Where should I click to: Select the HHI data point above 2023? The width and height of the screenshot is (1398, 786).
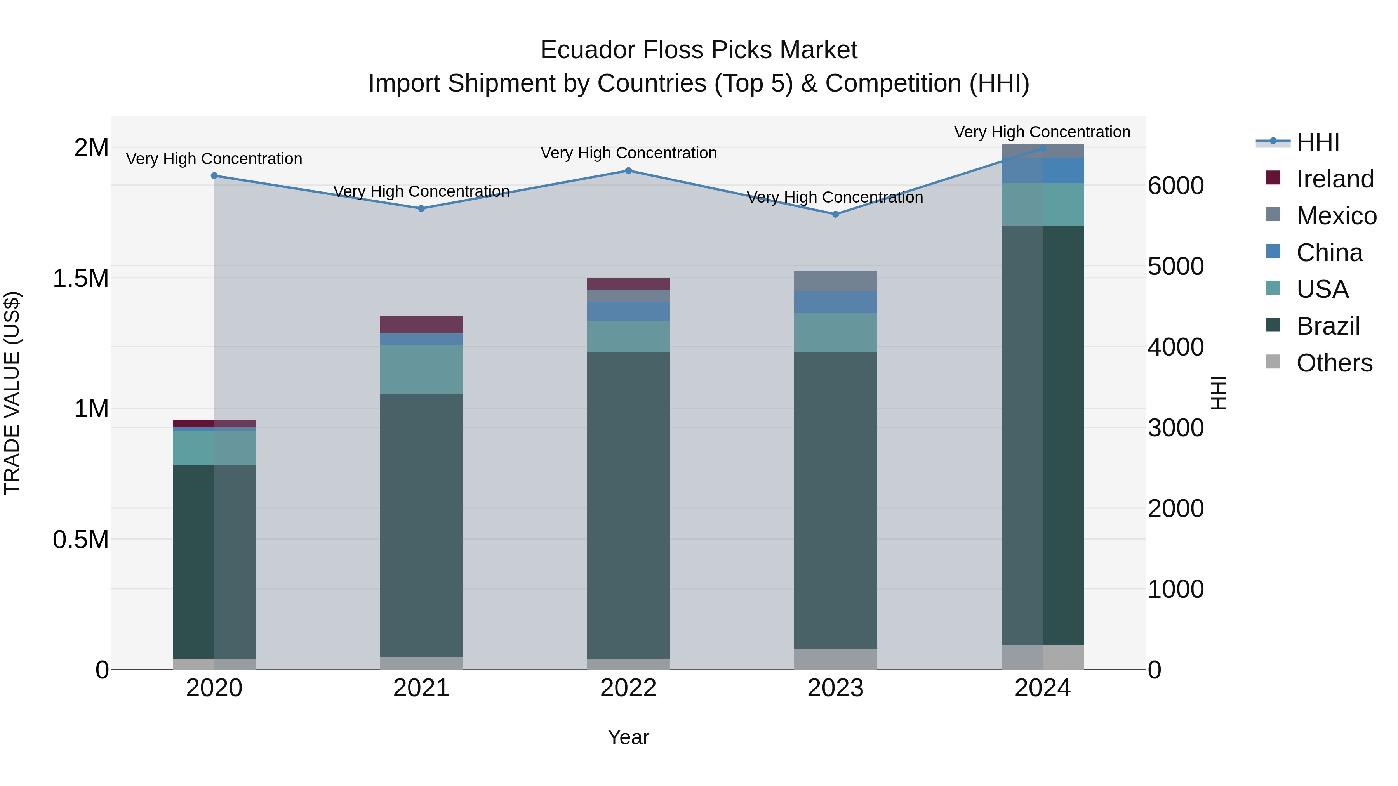pos(835,214)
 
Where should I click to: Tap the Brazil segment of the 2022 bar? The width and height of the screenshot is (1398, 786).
pos(628,505)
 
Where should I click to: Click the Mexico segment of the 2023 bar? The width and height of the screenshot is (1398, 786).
pos(835,281)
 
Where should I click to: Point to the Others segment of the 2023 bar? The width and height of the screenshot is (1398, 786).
pos(835,659)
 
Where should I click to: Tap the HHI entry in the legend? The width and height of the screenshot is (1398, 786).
pos(1317,142)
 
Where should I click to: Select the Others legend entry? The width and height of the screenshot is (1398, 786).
pos(1334,363)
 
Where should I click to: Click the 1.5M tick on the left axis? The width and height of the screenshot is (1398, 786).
pos(80,278)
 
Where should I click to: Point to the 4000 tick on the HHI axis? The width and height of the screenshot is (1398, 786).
pos(1175,347)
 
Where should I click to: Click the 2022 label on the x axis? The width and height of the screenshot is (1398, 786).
pos(628,688)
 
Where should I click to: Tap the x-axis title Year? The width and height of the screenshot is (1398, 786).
pos(628,737)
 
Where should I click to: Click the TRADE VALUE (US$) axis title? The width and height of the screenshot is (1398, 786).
pos(12,393)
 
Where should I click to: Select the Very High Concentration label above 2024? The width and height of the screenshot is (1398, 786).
pos(1042,132)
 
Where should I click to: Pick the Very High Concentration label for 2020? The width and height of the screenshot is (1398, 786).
pos(214,159)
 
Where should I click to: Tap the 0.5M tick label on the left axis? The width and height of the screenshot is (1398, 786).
pos(80,540)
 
